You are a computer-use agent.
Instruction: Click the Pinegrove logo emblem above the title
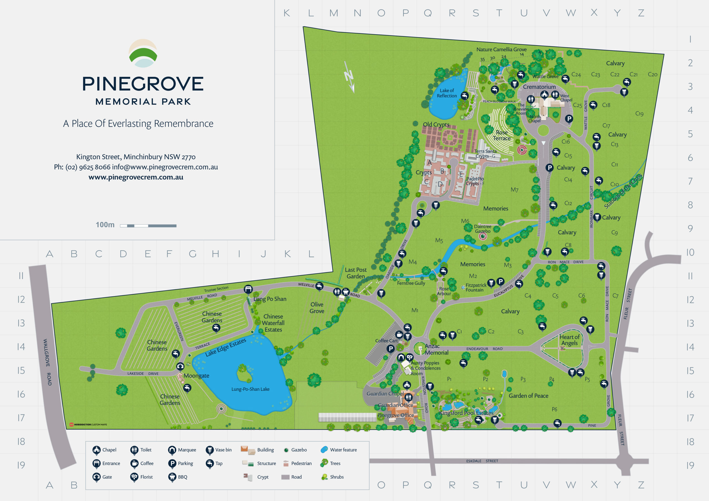point(143,53)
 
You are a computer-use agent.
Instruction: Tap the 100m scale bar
point(148,226)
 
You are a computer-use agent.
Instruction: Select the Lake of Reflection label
point(446,93)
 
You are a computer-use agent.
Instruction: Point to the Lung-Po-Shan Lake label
point(250,389)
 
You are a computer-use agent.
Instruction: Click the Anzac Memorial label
point(436,349)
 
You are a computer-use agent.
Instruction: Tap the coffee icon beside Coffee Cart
point(399,334)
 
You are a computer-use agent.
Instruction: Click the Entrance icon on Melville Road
point(248,289)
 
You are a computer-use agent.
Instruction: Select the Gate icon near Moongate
point(180,366)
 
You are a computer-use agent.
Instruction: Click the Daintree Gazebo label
point(482,229)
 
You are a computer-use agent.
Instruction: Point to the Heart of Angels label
point(569,340)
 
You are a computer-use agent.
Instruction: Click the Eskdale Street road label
point(482,461)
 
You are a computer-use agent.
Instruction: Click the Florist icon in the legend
point(134,477)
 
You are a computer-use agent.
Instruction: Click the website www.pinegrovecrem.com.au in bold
point(136,177)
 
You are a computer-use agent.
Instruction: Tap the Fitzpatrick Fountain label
point(476,287)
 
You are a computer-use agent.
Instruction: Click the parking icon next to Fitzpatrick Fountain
point(500,281)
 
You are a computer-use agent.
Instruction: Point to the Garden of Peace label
point(528,396)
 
